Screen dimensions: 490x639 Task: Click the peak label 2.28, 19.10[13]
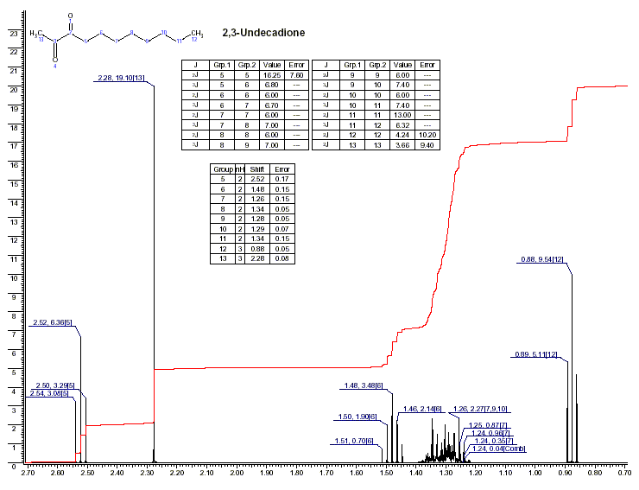[x=119, y=79]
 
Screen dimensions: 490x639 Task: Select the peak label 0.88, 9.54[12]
[x=543, y=259]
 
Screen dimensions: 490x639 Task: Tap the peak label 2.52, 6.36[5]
[x=52, y=325]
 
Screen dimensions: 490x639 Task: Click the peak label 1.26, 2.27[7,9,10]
[x=492, y=409]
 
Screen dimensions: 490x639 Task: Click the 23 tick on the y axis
[x=12, y=33]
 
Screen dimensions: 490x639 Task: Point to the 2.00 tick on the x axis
[x=236, y=474]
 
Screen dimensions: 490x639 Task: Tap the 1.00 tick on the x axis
[x=535, y=474]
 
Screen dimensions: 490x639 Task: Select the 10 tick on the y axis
[x=12, y=278]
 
